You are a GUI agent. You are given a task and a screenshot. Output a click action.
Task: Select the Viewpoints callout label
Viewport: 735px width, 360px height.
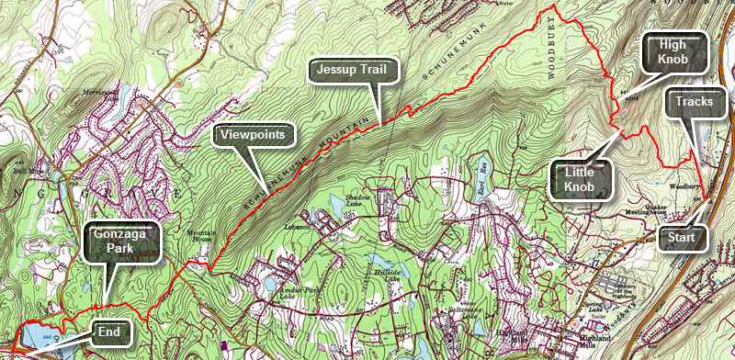256,137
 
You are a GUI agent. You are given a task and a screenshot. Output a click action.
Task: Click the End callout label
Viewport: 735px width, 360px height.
109,332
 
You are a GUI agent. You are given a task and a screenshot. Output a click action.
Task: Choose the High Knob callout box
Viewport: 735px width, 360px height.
674,53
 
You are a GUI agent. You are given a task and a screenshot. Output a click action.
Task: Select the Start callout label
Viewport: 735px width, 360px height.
681,239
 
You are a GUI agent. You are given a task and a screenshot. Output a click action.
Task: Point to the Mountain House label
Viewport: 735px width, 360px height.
204,235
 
